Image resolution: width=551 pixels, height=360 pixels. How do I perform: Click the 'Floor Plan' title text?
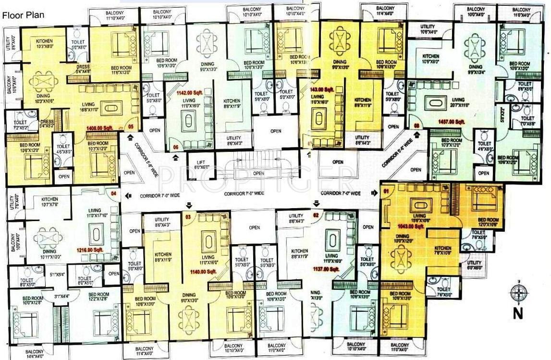(x=24, y=15)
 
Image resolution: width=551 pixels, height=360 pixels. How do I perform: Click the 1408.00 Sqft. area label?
(x=100, y=128)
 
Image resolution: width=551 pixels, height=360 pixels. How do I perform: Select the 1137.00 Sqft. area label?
(x=326, y=269)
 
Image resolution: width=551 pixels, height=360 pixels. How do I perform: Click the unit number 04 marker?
(x=114, y=194)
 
